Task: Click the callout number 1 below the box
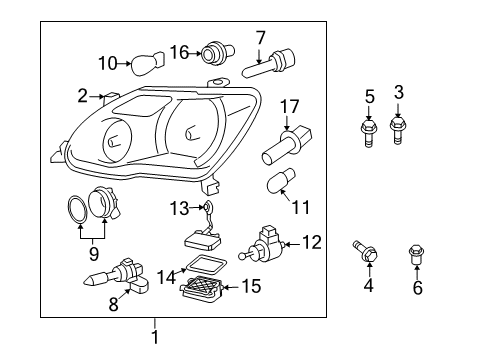tap(155, 338)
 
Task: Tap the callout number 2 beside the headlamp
tap(83, 96)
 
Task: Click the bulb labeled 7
tap(269, 67)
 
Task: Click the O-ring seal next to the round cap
tap(77, 210)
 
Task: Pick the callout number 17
tap(289, 105)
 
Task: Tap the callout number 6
tap(417, 288)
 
